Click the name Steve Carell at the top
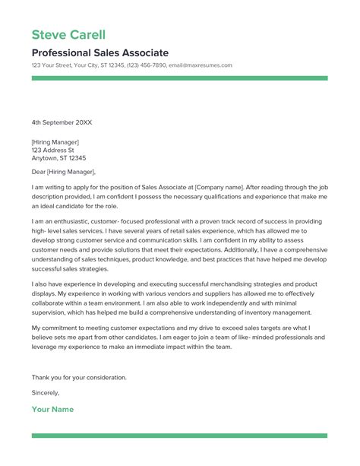click(68, 35)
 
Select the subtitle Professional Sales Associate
click(100, 52)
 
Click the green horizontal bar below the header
click(179, 78)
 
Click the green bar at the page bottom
click(179, 436)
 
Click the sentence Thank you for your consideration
click(79, 377)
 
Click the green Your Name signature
click(52, 410)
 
